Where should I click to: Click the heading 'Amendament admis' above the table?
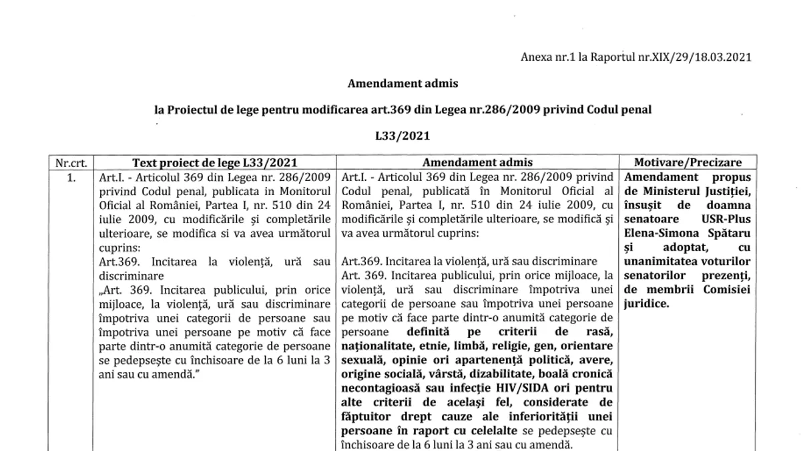pos(403,84)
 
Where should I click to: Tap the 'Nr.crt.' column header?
pos(73,162)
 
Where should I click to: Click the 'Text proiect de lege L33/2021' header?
pos(215,162)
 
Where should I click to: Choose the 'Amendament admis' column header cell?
pos(478,162)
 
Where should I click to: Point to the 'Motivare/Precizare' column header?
pos(688,162)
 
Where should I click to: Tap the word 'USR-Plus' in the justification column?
pos(730,219)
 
